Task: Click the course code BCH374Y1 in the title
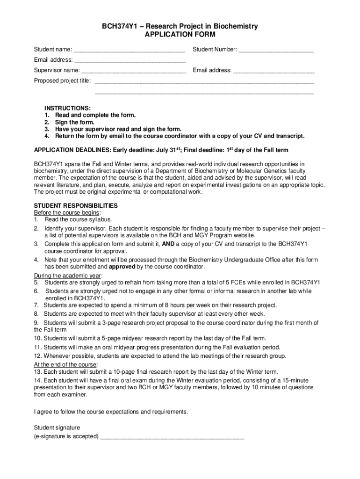click(x=119, y=27)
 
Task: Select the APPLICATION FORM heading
click(x=180, y=35)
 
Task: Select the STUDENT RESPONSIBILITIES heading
click(x=76, y=206)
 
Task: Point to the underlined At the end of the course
click(x=65, y=365)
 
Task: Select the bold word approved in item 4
click(x=122, y=267)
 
